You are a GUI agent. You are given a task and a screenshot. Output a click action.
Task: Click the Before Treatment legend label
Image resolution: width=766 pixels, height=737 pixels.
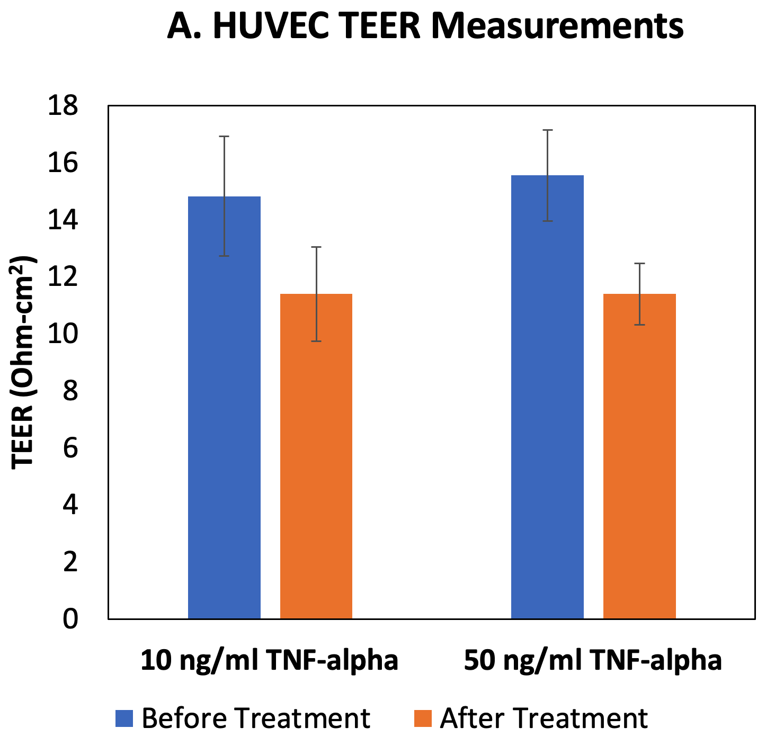255,718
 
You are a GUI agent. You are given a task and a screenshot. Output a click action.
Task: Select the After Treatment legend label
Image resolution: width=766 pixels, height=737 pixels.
544,718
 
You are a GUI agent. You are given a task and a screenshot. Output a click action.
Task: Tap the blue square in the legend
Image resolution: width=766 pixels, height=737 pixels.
124,718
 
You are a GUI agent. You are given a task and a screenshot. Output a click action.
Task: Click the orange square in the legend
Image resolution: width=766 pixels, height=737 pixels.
422,718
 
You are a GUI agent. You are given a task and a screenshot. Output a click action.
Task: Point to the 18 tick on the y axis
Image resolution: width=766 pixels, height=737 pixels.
63,106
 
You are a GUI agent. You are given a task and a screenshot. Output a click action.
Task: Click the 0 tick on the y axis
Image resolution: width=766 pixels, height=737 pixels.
70,618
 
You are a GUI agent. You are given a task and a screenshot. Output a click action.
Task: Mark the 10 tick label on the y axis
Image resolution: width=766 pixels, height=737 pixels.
63,334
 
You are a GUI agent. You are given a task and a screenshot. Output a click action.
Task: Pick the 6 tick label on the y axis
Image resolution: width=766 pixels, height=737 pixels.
70,448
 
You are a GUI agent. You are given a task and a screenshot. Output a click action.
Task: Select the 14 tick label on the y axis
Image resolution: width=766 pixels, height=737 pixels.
63,220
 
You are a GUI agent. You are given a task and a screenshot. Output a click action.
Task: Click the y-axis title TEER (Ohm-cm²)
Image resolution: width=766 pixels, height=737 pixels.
23,363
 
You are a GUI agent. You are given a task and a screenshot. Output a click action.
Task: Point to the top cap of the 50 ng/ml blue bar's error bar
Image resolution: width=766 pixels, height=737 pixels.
547,130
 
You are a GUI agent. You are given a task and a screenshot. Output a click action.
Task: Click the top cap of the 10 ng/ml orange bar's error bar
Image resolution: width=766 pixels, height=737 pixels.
316,247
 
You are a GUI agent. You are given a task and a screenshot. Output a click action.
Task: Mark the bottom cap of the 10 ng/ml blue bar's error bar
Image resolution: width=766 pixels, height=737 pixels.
224,256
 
